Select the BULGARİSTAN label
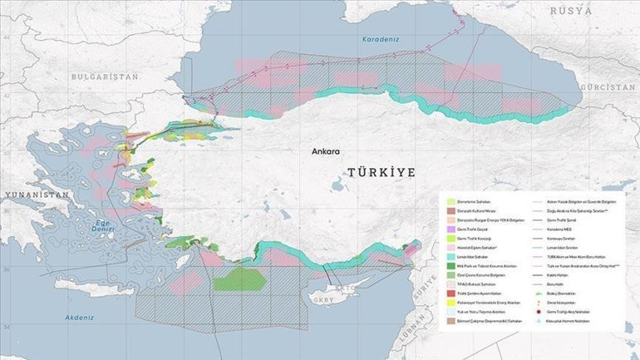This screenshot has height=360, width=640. coord(104,76)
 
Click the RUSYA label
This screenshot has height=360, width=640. coord(572,11)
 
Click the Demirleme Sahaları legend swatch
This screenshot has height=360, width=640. coord(450,202)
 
